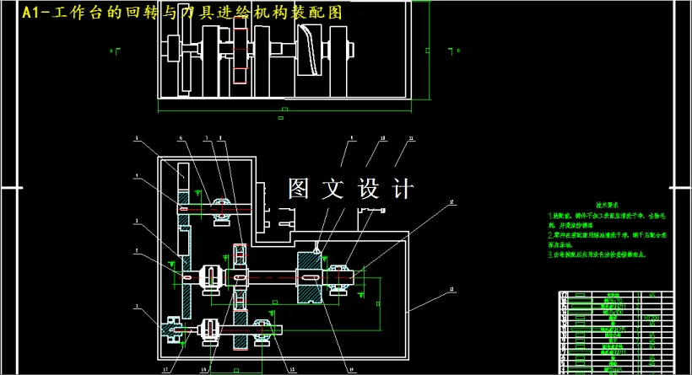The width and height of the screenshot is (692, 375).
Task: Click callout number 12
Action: click(x=452, y=202)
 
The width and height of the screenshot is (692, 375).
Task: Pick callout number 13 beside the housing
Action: click(x=452, y=289)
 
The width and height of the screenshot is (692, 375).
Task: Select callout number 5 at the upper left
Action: click(x=136, y=137)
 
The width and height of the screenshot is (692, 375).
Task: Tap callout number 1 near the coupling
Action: click(x=136, y=307)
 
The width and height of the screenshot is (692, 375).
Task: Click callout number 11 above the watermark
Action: click(x=411, y=137)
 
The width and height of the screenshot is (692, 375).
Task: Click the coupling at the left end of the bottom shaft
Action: click(x=174, y=329)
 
